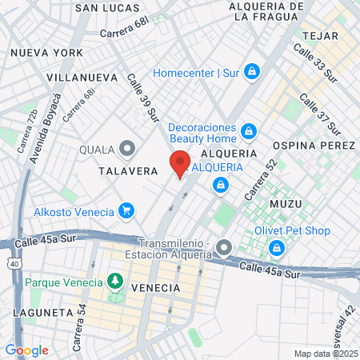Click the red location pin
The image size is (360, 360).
(x=180, y=164)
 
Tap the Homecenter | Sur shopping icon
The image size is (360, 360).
(x=253, y=72)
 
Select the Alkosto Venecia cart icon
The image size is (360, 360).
(x=125, y=211)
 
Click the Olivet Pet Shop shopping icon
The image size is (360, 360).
(x=278, y=247)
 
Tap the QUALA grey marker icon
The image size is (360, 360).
(x=126, y=148)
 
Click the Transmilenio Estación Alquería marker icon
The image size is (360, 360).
(x=224, y=246)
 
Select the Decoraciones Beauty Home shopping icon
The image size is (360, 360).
(x=249, y=130)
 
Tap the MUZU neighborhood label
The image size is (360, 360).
(x=286, y=204)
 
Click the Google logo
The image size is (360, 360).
(x=26, y=350)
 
